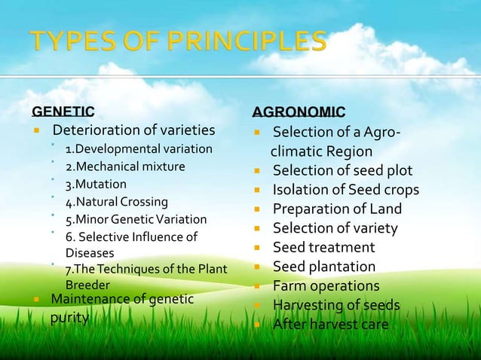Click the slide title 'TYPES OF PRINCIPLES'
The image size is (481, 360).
179,42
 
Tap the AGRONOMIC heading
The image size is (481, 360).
299,112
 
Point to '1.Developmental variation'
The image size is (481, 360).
139,148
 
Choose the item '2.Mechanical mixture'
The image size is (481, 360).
125,166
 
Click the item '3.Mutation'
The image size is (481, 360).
96,184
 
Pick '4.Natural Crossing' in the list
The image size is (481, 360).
117,202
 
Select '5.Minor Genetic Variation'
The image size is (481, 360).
136,220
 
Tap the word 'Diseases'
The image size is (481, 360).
89,253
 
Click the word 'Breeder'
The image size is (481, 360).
87,285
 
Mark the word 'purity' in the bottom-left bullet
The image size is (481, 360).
69,318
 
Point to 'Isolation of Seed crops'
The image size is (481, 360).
345,190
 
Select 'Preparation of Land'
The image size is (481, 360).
337,209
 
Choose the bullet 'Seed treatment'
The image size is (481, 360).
323,248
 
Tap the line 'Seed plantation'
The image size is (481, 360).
323,267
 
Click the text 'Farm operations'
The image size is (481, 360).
326,286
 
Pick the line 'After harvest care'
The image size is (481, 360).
331,325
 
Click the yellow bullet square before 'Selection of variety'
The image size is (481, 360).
257,229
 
